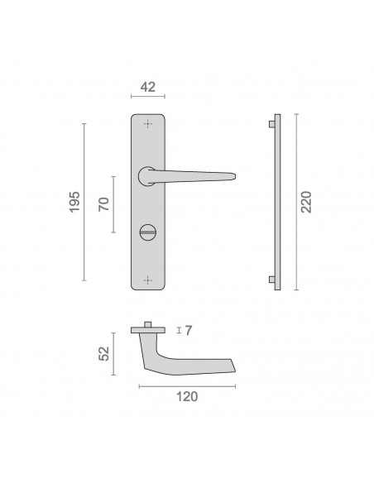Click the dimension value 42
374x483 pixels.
pos(148,87)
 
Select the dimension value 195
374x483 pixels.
pos(74,202)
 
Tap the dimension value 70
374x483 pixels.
pos(103,204)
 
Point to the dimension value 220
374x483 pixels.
pos(306,202)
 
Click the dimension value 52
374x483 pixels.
pos(103,353)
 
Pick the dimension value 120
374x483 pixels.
pos(187,396)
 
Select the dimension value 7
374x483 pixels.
pos(189,331)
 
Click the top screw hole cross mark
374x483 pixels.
pos(148,124)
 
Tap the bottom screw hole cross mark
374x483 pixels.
pos(148,280)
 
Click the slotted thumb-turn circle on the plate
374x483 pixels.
pos(148,232)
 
